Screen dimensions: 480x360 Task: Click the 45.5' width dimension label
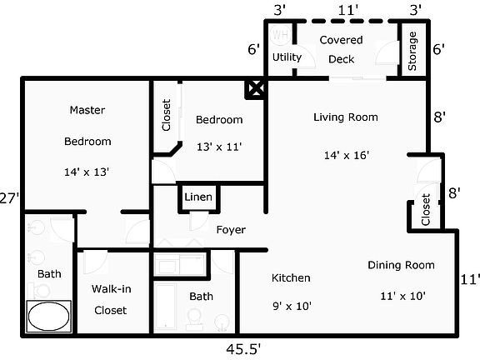(243, 349)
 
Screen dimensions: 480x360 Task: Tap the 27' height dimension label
(9, 198)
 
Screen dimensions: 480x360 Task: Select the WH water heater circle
(280, 35)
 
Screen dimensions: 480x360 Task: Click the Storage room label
(412, 51)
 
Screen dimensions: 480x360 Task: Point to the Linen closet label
(198, 197)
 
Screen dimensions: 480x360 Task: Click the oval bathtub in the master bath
(48, 317)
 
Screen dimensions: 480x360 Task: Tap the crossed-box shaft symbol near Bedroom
(256, 89)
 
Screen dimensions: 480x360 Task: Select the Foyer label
(231, 230)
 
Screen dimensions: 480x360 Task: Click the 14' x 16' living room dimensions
(347, 155)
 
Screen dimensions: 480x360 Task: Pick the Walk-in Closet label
(111, 300)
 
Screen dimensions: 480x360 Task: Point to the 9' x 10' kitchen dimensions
(292, 306)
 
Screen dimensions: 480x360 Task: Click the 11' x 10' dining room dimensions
(402, 296)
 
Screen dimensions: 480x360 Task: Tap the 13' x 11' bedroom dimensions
(219, 147)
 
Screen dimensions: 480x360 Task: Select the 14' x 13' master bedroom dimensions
(87, 172)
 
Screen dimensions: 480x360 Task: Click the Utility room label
(287, 57)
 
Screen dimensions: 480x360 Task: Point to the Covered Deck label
(342, 49)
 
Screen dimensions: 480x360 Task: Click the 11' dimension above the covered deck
(348, 11)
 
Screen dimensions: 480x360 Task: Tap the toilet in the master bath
(38, 290)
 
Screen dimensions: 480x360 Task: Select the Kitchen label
(291, 277)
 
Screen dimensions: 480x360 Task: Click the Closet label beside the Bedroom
(166, 115)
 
